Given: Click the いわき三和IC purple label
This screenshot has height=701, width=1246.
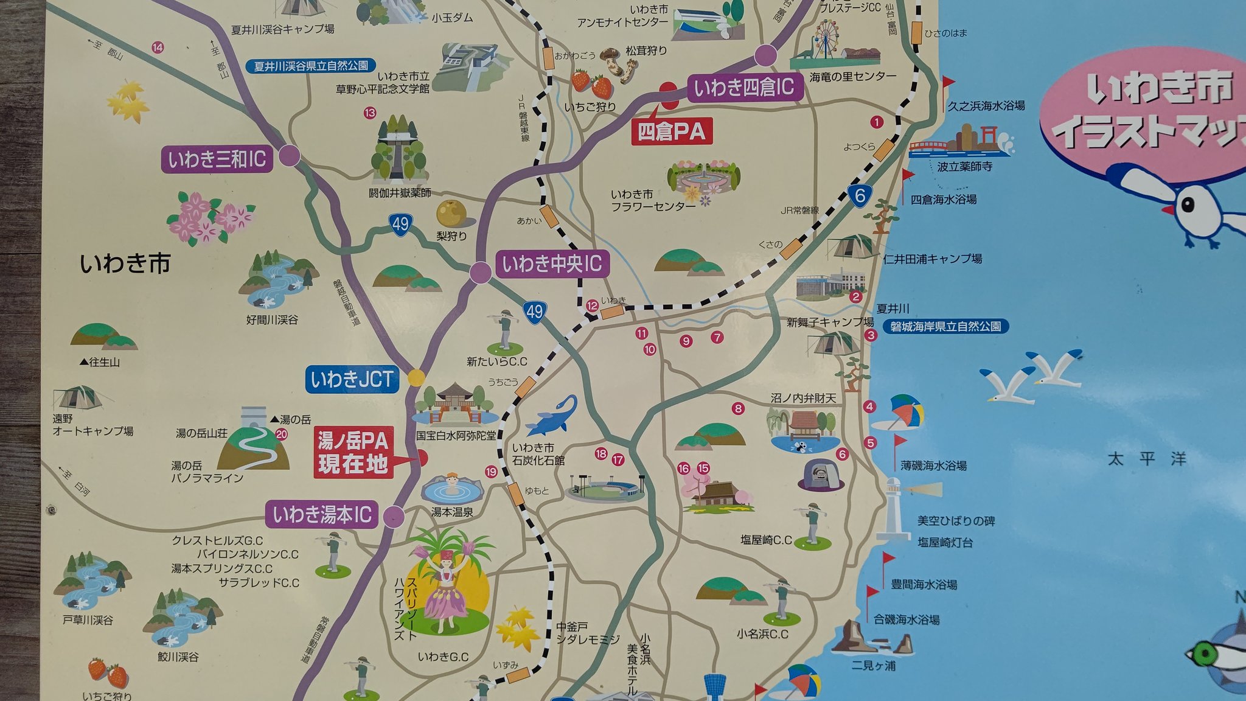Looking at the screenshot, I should click(x=217, y=159).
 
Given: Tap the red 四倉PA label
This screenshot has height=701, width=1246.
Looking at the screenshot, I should click(x=672, y=131).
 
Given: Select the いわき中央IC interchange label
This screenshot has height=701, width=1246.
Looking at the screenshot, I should click(x=552, y=264).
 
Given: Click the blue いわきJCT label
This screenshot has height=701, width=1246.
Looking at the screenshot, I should click(x=352, y=379).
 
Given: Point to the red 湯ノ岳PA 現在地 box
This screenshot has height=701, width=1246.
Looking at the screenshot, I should click(x=353, y=452).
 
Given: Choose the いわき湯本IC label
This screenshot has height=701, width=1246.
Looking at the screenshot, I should click(x=322, y=515).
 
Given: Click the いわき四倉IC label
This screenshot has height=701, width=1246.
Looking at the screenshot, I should click(x=743, y=88).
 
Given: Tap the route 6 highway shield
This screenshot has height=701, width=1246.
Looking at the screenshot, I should click(x=860, y=195).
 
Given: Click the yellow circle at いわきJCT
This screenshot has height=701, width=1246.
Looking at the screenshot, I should click(x=416, y=377).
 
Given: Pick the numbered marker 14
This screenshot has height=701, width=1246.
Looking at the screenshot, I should click(x=158, y=47).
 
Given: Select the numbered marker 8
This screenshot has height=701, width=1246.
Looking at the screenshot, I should click(x=738, y=408).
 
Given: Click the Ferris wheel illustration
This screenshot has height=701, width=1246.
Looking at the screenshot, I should click(x=824, y=38).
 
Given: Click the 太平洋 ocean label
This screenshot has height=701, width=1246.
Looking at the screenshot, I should click(x=1147, y=458).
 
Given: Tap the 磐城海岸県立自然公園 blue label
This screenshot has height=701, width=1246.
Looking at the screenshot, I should click(x=945, y=327).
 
